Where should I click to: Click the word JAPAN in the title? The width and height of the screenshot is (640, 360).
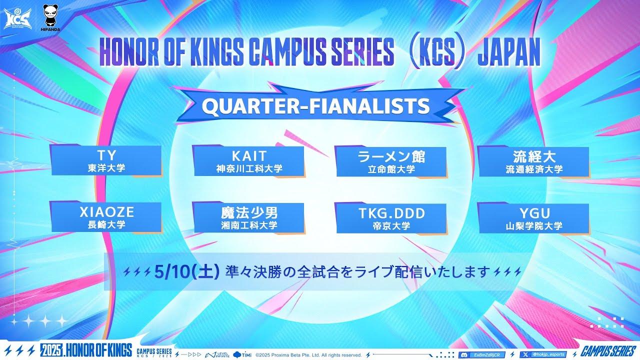point(509,52)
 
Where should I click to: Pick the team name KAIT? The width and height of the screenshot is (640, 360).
point(249,155)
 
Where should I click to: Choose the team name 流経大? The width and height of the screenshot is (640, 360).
point(534,155)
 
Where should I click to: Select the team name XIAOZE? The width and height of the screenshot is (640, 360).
point(106,212)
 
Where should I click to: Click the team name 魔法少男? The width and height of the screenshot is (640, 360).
point(249,212)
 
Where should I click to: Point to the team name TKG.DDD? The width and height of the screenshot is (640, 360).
point(391,213)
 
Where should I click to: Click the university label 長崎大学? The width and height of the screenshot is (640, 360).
point(105,225)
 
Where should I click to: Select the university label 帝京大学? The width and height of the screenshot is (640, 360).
point(391,225)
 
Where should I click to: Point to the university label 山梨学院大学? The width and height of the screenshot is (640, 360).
point(534,226)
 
